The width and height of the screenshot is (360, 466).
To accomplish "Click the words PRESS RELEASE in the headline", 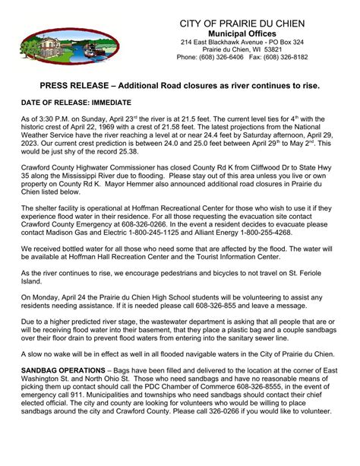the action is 76,87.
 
